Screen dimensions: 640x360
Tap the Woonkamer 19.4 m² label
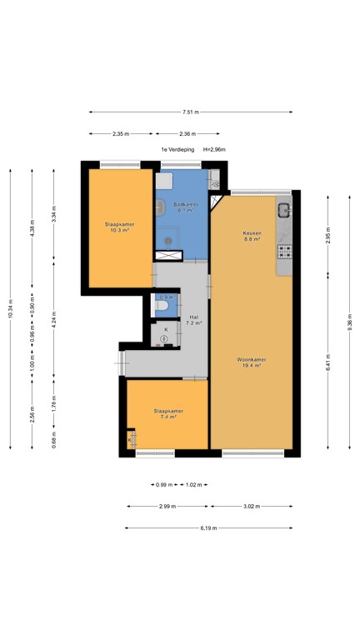point(251,362)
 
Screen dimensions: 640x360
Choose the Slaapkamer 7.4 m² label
point(167,414)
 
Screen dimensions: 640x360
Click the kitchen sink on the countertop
point(284,209)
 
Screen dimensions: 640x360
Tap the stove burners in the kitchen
point(284,250)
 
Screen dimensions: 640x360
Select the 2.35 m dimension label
point(121,133)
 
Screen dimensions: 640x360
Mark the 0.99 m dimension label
point(162,485)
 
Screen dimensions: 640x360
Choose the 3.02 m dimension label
point(251,506)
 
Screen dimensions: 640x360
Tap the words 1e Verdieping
point(177,150)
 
